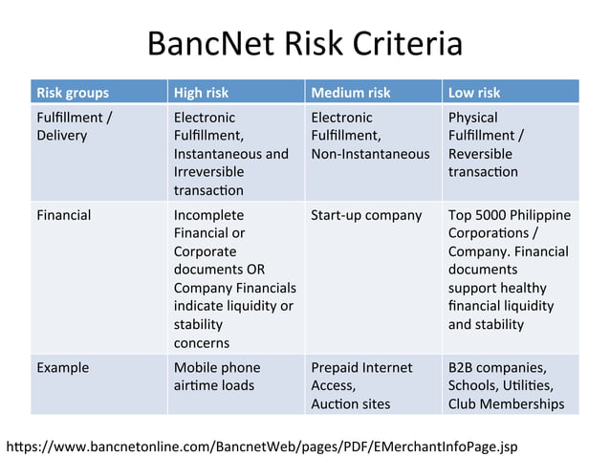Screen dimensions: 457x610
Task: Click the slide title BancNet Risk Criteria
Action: pyautogui.click(x=305, y=44)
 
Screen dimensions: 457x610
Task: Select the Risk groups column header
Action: pyautogui.click(x=73, y=93)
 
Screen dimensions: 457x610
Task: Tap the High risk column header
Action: pyautogui.click(x=201, y=93)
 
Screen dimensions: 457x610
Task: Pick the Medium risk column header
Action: pyautogui.click(x=351, y=93)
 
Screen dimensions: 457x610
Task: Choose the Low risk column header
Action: pyautogui.click(x=474, y=93)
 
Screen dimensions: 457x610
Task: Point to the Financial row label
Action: pyautogui.click(x=64, y=215)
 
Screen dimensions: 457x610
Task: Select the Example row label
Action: pyautogui.click(x=62, y=367)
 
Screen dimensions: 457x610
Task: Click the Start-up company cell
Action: pyautogui.click(x=366, y=215)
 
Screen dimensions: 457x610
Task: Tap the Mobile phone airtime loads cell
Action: pyautogui.click(x=216, y=376)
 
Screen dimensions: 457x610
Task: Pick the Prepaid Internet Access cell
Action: pyautogui.click(x=361, y=376)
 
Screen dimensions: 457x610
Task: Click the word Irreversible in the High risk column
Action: pyautogui.click(x=208, y=172)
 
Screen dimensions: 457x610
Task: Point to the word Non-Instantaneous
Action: pyautogui.click(x=370, y=154)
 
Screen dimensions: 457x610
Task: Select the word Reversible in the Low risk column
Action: pyautogui.click(x=480, y=154)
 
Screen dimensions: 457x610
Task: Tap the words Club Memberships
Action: pyautogui.click(x=506, y=403)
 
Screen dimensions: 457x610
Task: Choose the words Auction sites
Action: pyautogui.click(x=351, y=403)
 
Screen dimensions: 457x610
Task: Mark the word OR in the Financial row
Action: pyautogui.click(x=255, y=270)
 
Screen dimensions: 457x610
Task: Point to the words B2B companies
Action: pyautogui.click(x=497, y=367)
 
